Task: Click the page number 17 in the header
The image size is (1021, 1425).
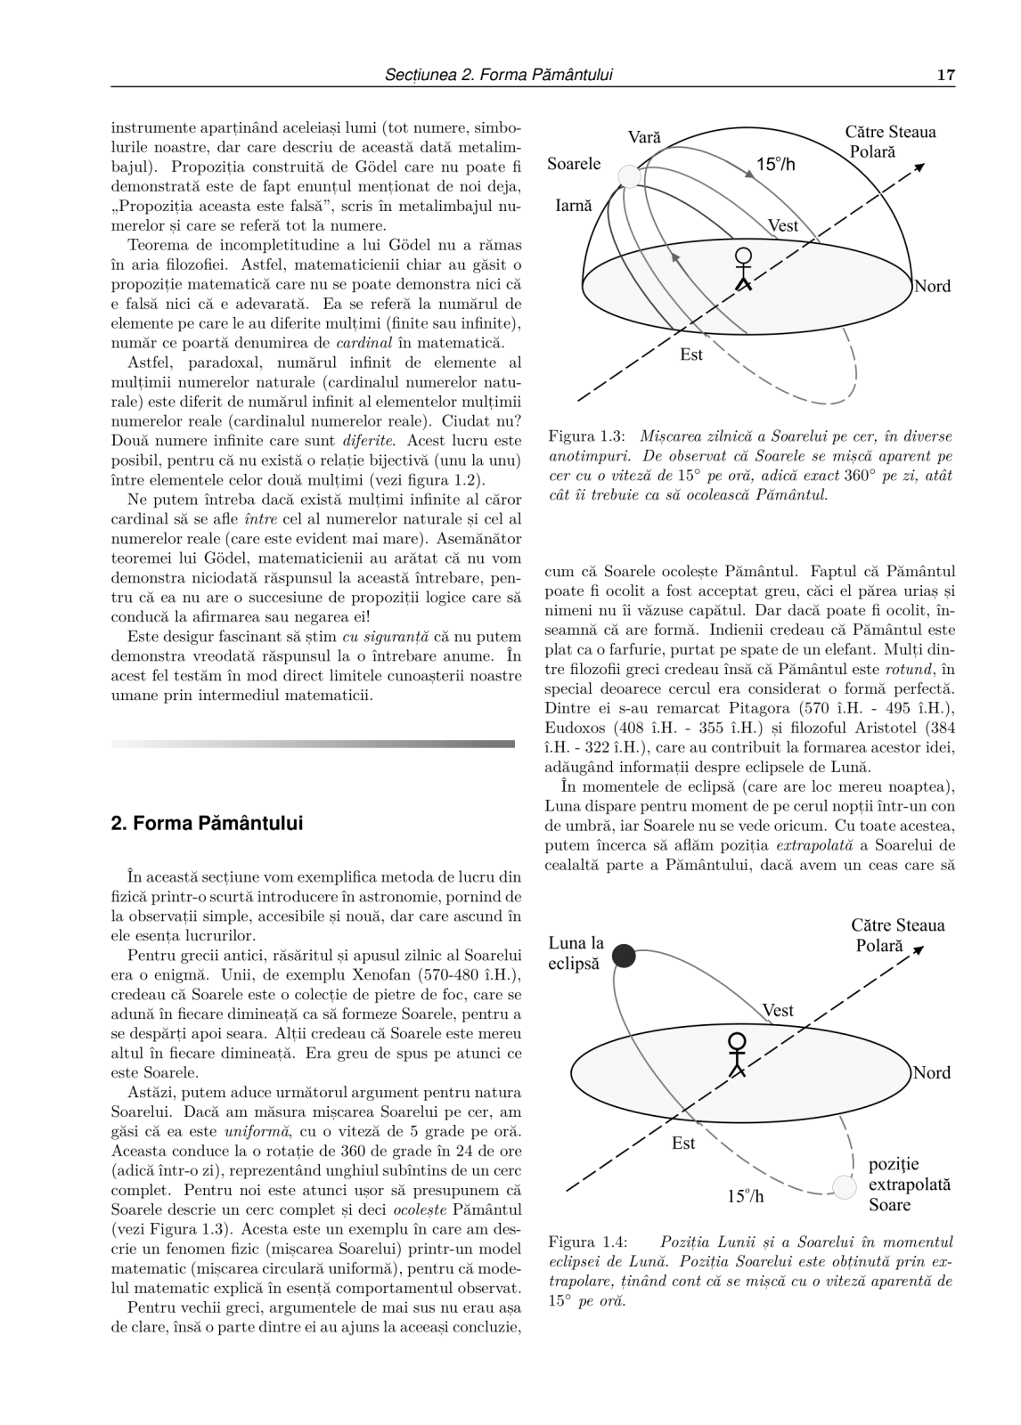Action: (x=946, y=76)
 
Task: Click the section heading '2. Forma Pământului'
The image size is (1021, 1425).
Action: (x=207, y=823)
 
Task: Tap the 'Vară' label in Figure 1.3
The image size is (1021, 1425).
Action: (x=644, y=138)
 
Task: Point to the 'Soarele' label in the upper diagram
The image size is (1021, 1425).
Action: (x=574, y=164)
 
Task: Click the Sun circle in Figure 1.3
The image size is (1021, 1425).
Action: (x=630, y=175)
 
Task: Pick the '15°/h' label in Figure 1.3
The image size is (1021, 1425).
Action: (x=775, y=165)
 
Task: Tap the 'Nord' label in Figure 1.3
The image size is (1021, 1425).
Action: (x=932, y=286)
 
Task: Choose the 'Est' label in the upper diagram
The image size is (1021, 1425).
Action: (x=691, y=354)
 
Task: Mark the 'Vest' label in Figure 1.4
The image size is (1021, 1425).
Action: (x=778, y=1010)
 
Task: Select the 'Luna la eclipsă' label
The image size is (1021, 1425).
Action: (x=576, y=953)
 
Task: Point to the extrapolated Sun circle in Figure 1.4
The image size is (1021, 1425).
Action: (x=842, y=1186)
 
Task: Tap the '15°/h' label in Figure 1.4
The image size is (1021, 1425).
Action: (x=746, y=1196)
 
